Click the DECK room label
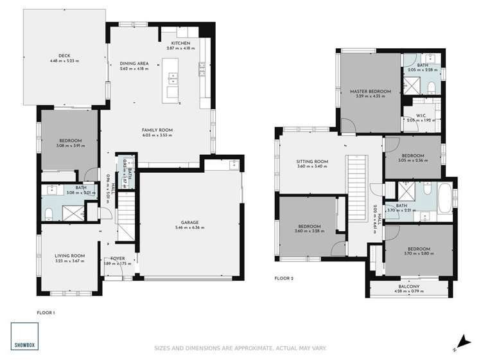click(x=64, y=56)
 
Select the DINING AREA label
click(x=134, y=64)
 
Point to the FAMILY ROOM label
click(x=157, y=130)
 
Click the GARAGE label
click(x=189, y=222)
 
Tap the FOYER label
click(x=117, y=258)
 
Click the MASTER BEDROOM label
click(x=367, y=91)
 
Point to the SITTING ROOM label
click(x=312, y=161)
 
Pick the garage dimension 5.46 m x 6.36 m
click(x=189, y=227)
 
